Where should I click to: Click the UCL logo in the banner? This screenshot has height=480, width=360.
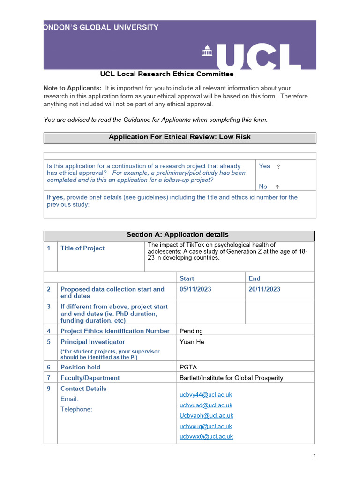click(x=252, y=56)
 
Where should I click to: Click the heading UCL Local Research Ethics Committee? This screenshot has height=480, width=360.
click(x=166, y=74)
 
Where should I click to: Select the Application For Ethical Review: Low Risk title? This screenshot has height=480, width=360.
click(x=180, y=137)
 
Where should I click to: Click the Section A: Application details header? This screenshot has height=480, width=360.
click(x=178, y=235)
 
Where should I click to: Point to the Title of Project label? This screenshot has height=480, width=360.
click(x=82, y=248)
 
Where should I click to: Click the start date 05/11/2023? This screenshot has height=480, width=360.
click(x=195, y=289)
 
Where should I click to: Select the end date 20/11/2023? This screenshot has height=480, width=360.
click(x=264, y=289)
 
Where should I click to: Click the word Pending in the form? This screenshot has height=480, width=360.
click(x=191, y=331)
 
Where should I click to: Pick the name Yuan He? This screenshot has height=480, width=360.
click(x=192, y=342)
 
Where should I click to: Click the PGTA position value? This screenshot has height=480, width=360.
click(x=189, y=367)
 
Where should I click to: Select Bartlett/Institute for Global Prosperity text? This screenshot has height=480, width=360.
click(x=231, y=378)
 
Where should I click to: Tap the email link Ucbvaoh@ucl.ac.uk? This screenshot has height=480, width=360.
click(x=206, y=416)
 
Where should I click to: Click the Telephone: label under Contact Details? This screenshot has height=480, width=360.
click(x=76, y=409)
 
